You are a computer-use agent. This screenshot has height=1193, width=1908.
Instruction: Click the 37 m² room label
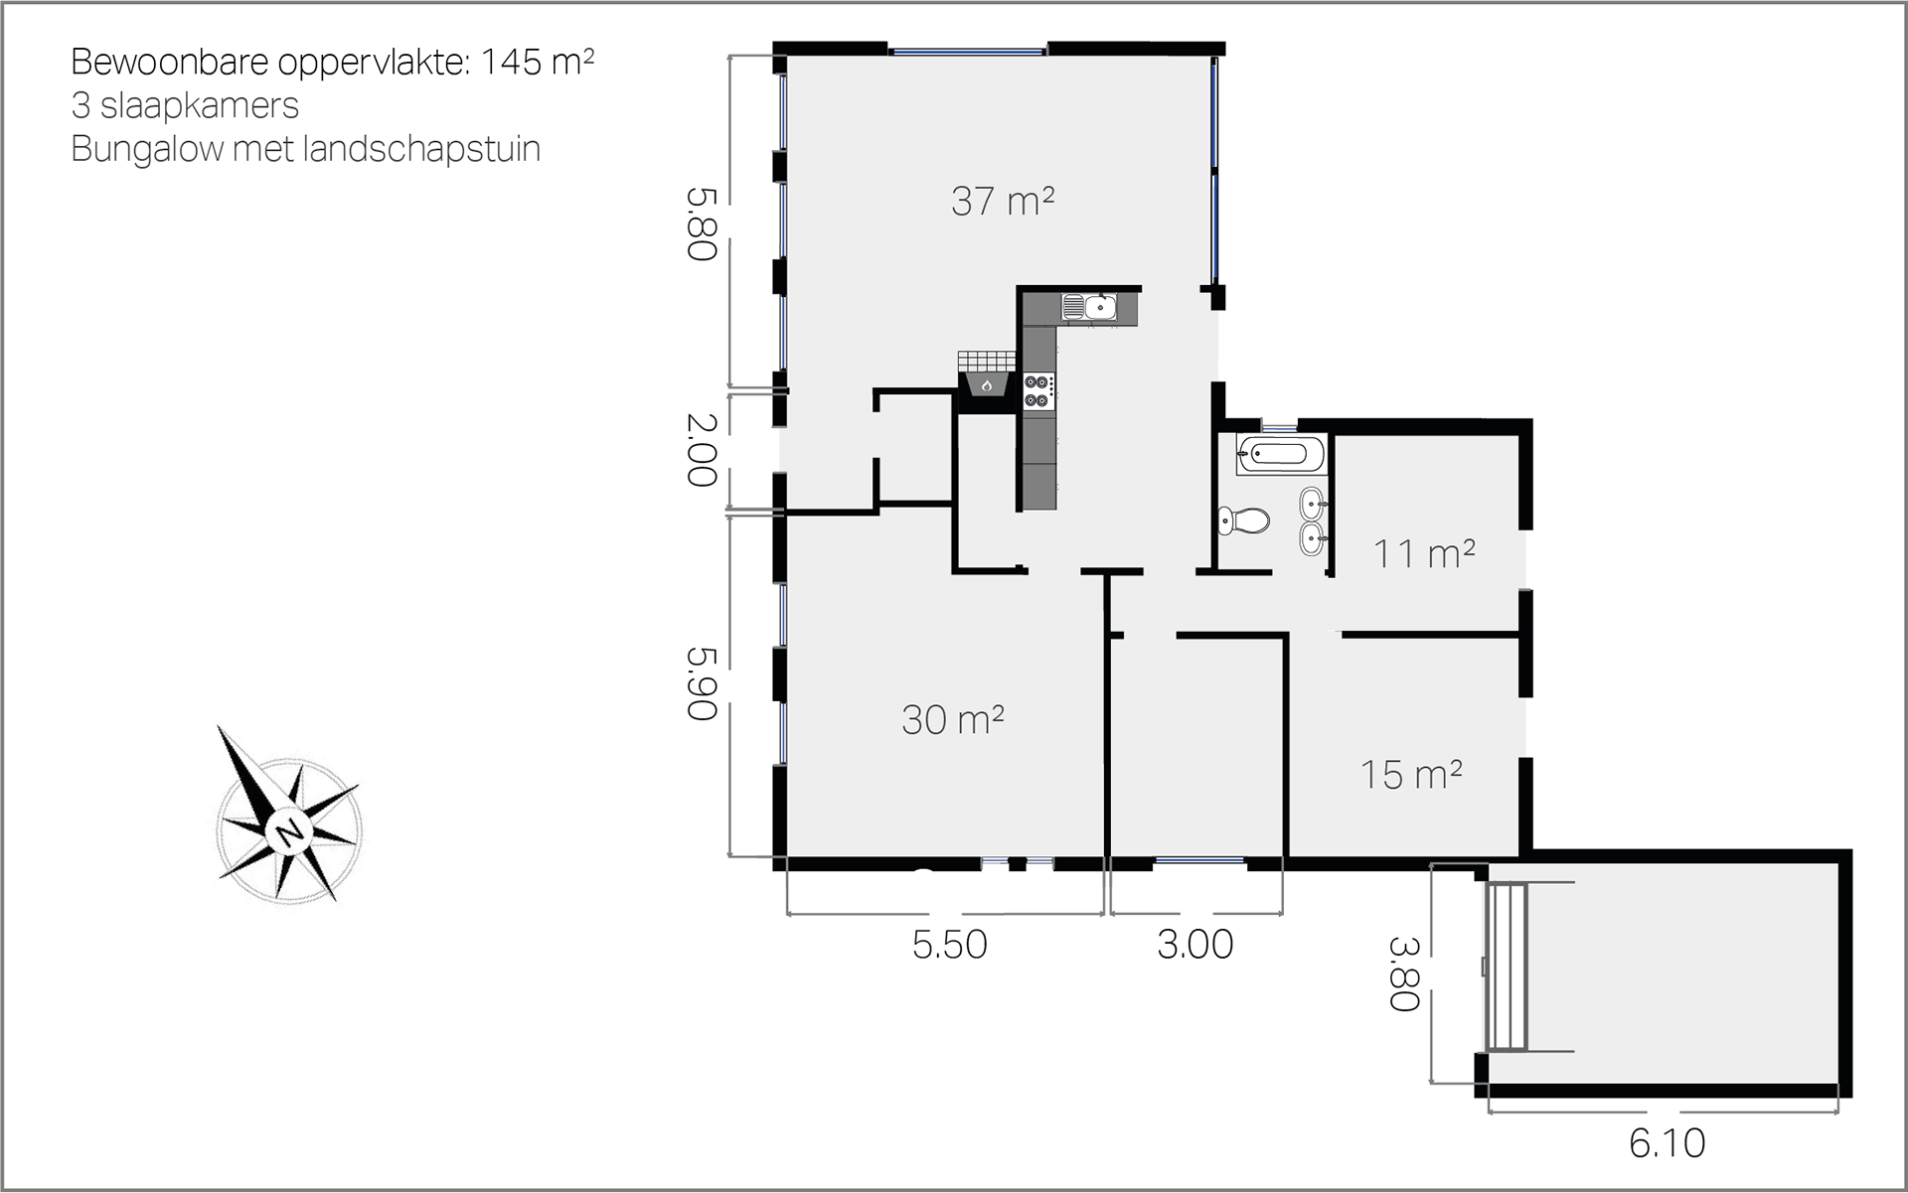tap(1003, 201)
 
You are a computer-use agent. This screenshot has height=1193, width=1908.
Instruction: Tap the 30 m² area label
tap(952, 719)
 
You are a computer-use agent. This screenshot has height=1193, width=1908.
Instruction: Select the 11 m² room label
tap(1423, 553)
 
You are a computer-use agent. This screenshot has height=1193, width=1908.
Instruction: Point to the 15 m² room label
tap(1410, 774)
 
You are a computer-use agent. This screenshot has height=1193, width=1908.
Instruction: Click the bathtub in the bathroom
tap(1282, 454)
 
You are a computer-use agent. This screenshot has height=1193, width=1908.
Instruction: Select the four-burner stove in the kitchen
tap(1038, 389)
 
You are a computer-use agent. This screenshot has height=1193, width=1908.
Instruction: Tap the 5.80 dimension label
tap(702, 224)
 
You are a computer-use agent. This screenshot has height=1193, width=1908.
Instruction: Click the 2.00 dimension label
tap(702, 450)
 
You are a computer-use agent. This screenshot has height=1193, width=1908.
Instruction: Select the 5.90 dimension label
tap(702, 683)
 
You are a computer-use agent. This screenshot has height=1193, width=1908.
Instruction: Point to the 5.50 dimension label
tap(949, 945)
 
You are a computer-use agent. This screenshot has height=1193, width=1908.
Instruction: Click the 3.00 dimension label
tap(1194, 945)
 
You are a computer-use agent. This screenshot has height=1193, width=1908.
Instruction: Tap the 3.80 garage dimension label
tap(1403, 974)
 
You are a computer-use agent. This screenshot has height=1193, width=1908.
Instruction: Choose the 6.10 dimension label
tap(1667, 1143)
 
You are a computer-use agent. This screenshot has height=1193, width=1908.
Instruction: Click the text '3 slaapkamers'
tap(185, 105)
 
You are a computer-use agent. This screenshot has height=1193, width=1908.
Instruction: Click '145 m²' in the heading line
tap(538, 62)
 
